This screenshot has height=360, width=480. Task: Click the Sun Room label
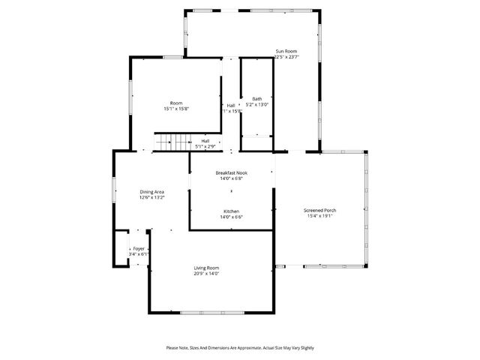[286, 51]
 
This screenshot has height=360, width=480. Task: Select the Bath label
[256, 99]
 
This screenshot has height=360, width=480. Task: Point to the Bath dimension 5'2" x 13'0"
[256, 105]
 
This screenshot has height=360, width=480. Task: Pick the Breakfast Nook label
[231, 172]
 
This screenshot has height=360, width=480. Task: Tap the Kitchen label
[231, 211]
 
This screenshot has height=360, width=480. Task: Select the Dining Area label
[151, 192]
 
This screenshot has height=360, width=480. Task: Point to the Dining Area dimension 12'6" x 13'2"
[151, 198]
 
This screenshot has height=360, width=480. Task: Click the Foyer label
[138, 248]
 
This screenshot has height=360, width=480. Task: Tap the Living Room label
[206, 268]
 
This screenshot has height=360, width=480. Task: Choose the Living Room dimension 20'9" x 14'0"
[206, 274]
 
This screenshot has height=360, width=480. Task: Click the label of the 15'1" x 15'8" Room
[176, 103]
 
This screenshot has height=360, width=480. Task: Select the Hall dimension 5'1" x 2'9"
[205, 146]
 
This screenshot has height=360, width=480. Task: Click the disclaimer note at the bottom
[240, 348]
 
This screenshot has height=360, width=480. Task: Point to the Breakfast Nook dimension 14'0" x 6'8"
[231, 178]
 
